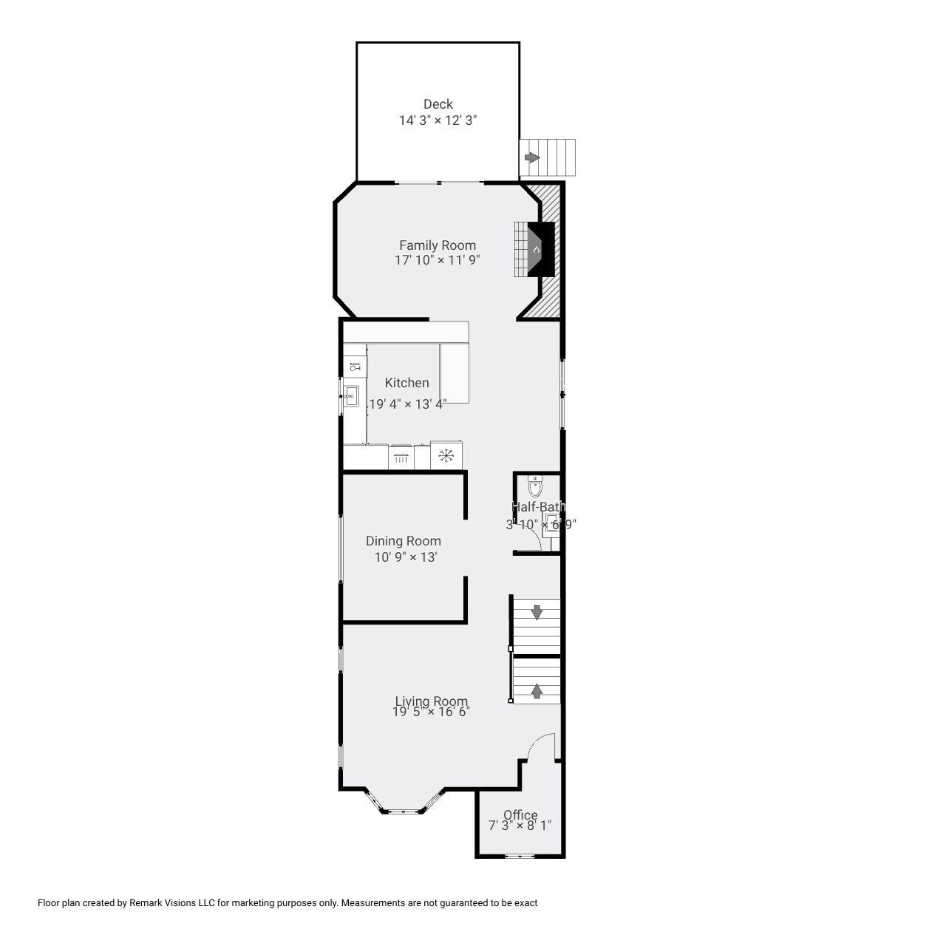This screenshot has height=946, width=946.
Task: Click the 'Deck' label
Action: point(438,104)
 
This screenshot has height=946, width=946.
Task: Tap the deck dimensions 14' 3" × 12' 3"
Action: point(438,120)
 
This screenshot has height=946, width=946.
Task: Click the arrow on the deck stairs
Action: point(531,157)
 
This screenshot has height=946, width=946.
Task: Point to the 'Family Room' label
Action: point(438,245)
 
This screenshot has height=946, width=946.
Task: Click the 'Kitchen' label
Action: point(406,383)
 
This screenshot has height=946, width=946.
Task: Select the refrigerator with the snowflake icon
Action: point(446,455)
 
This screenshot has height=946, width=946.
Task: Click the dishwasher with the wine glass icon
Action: point(355,367)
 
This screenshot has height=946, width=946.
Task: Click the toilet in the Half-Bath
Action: point(536,486)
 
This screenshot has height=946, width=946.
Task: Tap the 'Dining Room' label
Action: point(404,541)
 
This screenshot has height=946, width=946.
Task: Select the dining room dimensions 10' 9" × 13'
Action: point(406,557)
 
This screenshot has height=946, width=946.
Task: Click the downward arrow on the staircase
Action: point(537,612)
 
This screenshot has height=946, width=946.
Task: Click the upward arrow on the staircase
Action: point(537,690)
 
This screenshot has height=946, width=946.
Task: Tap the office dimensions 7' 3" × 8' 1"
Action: point(520,826)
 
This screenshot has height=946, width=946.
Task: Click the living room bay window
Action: point(404,810)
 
